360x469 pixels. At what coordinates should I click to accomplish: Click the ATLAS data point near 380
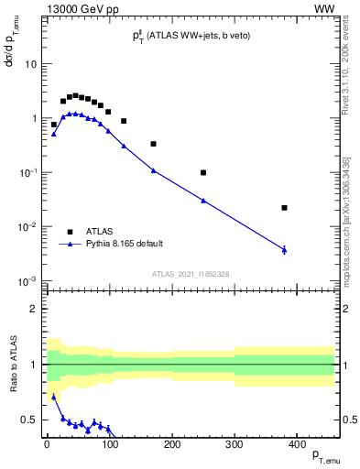285,208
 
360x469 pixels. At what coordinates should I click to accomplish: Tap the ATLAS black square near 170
153,144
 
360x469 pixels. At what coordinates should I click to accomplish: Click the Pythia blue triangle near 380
285,249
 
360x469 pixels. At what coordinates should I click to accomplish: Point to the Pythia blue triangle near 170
153,169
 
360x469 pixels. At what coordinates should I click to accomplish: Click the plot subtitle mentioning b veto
190,35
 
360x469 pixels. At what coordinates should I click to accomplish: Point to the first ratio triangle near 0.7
53,398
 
